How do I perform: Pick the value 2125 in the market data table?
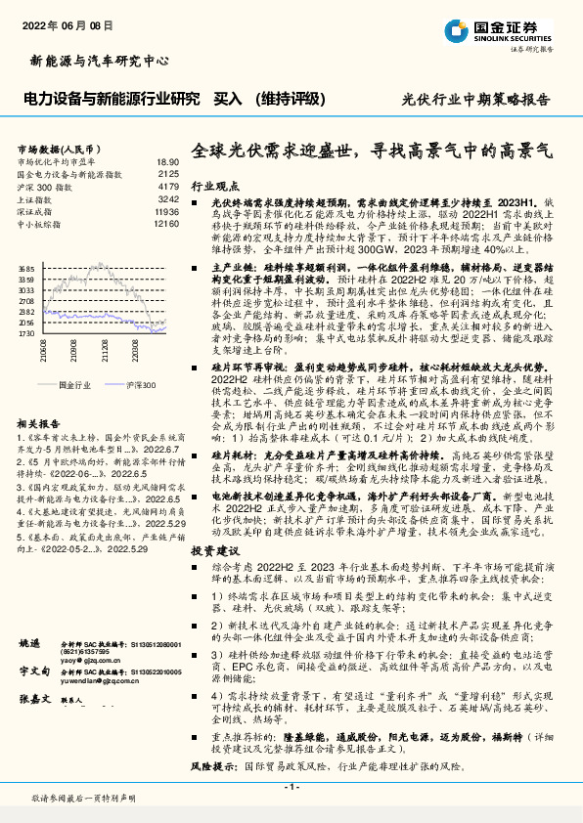point(168,173)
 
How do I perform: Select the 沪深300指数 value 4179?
point(168,186)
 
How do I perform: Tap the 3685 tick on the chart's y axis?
point(25,267)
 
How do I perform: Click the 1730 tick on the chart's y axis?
point(25,333)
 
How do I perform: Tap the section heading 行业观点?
point(212,184)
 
